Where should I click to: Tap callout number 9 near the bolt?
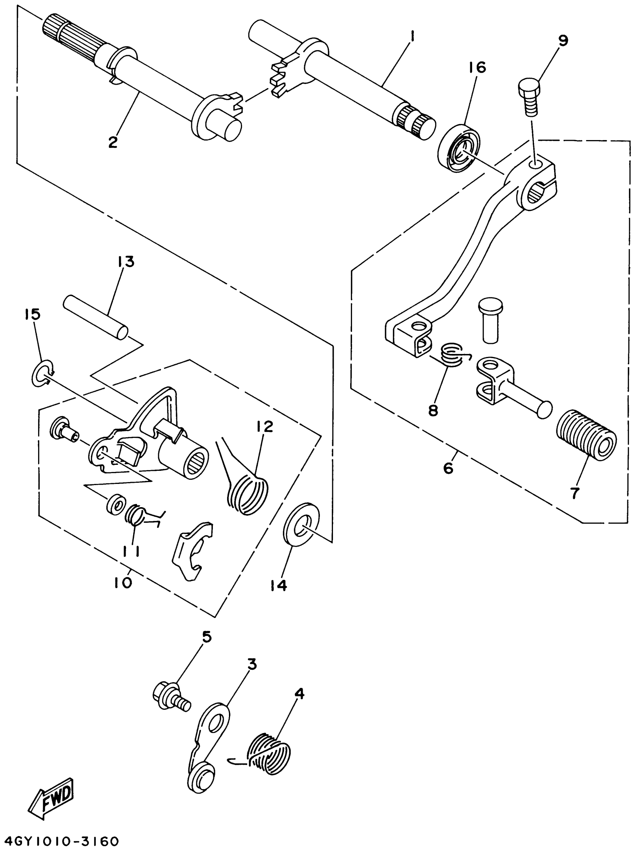(x=563, y=41)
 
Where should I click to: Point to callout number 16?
(x=477, y=67)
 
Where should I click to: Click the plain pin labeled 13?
(x=96, y=317)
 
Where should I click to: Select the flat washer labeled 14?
(x=302, y=524)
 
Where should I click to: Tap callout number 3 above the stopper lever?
(x=252, y=664)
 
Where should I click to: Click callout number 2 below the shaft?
(x=113, y=142)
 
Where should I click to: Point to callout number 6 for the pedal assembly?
(x=448, y=468)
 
